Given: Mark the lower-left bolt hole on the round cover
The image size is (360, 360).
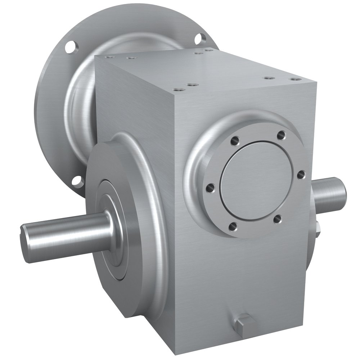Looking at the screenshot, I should pos(233,226).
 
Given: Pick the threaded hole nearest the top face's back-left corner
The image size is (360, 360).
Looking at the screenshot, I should pos(109,57).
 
